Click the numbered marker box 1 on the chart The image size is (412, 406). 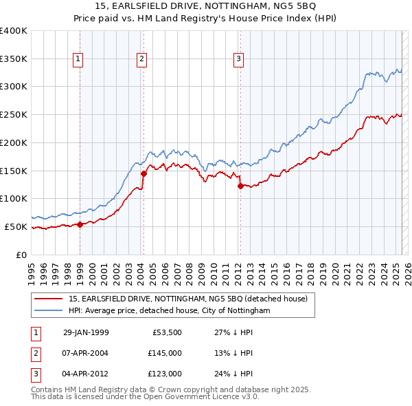[78, 60]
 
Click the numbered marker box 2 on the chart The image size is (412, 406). [141, 60]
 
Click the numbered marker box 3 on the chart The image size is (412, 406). [238, 60]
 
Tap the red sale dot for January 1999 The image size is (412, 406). [80, 224]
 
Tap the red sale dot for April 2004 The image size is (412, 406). [144, 173]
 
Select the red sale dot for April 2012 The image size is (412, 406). [240, 186]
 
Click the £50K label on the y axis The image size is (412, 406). [16, 226]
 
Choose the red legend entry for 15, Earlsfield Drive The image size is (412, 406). [192, 299]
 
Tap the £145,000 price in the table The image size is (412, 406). [165, 353]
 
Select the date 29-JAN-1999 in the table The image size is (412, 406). [86, 332]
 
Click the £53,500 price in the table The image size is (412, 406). [167, 332]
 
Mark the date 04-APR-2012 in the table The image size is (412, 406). [86, 374]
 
